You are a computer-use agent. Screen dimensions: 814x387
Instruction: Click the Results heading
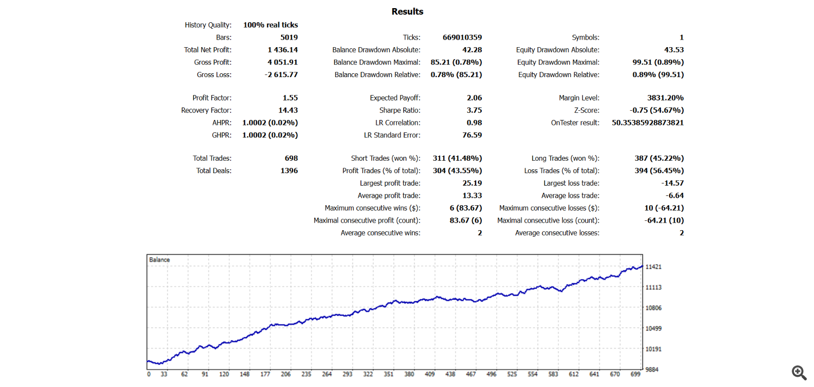pos(407,11)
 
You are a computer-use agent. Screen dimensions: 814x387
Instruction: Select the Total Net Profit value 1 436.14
pos(283,50)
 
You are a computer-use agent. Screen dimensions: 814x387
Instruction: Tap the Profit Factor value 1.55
pos(290,98)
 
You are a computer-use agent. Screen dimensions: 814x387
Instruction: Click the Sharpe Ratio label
pos(400,111)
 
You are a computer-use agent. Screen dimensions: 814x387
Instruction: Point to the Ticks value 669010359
pos(462,37)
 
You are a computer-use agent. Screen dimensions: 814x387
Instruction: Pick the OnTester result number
pos(647,123)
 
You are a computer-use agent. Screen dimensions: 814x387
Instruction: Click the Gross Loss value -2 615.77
pos(281,75)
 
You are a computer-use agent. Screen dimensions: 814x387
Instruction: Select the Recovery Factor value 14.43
pos(288,110)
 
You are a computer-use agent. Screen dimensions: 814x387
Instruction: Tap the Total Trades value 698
pos(291,158)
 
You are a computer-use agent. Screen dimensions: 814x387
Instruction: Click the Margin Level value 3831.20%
pos(665,98)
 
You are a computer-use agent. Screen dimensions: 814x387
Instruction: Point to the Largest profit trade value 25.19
pos(472,183)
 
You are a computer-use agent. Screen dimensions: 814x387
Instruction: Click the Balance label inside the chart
pos(159,260)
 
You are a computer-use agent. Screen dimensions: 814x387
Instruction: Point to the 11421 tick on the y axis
pos(653,267)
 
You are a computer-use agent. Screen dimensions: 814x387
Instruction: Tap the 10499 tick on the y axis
pos(653,328)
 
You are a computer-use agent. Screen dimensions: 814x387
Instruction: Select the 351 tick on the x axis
pos(389,375)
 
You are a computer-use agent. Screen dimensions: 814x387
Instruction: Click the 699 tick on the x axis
pos(635,375)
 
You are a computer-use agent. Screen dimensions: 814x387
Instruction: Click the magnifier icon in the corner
pos(799,373)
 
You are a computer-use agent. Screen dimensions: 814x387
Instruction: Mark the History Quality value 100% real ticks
pos(270,25)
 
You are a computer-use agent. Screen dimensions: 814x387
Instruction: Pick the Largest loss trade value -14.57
pos(672,183)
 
